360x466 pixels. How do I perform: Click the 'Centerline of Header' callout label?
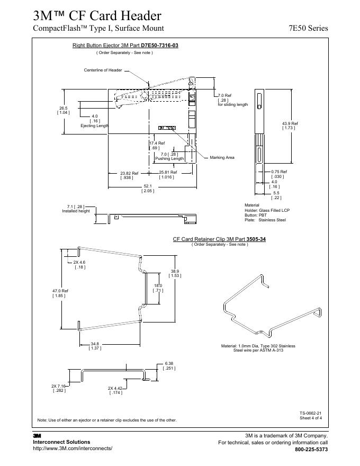[103, 70]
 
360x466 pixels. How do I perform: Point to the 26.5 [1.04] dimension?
[63, 110]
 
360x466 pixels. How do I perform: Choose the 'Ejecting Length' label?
[94, 126]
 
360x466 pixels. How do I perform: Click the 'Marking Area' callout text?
[222, 157]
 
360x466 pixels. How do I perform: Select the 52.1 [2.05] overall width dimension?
[148, 188]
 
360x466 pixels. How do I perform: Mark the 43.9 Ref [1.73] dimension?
[290, 126]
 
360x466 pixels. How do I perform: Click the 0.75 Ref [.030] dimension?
[278, 174]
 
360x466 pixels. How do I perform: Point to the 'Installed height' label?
[76, 211]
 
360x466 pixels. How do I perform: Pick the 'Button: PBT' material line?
[255, 215]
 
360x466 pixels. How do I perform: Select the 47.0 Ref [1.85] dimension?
[60, 293]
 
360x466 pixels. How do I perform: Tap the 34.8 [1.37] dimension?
[95, 346]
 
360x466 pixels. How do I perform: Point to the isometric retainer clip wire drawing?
[270, 307]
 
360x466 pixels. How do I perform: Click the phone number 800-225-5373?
[311, 450]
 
